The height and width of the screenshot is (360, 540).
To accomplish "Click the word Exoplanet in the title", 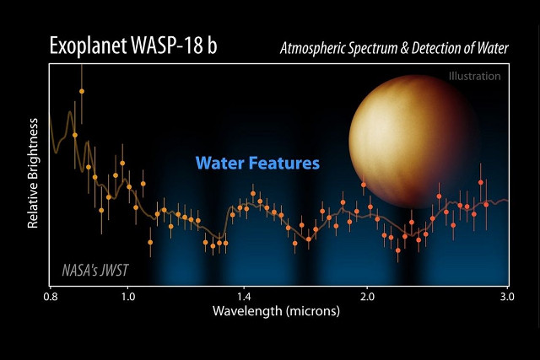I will [x=88, y=46].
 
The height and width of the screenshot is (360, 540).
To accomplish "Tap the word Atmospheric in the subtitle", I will [x=318, y=48].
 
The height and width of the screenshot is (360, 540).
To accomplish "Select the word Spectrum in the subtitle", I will [x=386, y=48].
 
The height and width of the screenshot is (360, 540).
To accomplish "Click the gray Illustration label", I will [x=475, y=77].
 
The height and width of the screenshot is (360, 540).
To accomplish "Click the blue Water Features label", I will [x=257, y=163].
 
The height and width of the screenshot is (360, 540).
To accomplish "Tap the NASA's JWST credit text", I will [x=95, y=271].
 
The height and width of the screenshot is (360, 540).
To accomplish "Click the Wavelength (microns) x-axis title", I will [x=277, y=311].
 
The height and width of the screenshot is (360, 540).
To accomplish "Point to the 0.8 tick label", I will [x=50, y=298].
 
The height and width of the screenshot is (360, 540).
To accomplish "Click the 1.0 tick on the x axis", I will [x=128, y=298].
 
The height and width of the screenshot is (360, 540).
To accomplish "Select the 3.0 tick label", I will [x=506, y=298].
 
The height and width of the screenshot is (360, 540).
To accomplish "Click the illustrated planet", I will [x=414, y=139].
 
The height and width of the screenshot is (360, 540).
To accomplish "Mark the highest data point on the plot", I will [x=82, y=91].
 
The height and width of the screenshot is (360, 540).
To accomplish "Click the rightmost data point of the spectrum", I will [x=486, y=204].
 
